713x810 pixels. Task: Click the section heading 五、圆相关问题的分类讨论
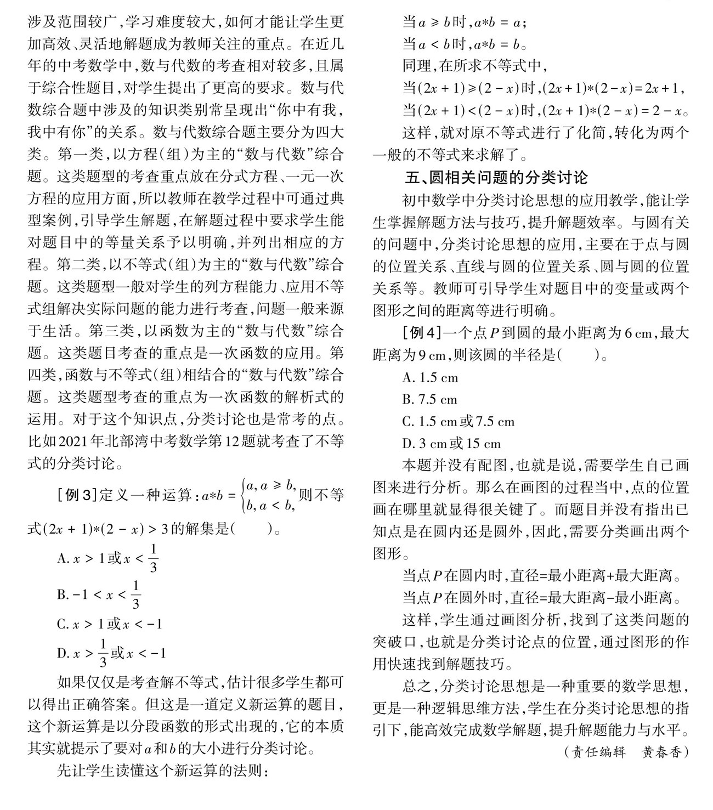click(496, 178)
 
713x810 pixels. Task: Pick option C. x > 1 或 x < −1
click(109, 624)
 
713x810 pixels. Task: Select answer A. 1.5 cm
click(430, 377)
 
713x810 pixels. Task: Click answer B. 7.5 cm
click(429, 399)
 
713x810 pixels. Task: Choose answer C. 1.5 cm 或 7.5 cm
click(458, 422)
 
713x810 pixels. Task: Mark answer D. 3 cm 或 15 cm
click(451, 444)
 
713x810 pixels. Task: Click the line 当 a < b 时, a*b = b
click(465, 44)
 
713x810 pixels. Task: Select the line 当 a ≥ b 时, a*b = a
click(465, 22)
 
